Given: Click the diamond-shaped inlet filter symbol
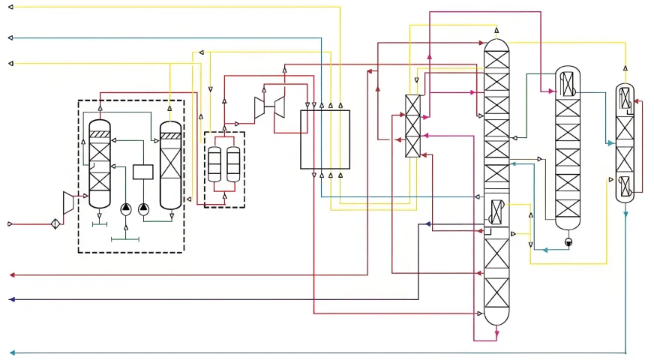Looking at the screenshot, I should tap(55, 223).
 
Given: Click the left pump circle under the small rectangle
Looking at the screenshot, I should tap(124, 208).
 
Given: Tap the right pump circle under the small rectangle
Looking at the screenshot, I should tap(144, 208).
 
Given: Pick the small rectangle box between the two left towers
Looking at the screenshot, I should tap(143, 172).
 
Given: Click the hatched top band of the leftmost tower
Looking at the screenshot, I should tap(100, 134).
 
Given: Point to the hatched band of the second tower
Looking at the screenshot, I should tap(171, 136).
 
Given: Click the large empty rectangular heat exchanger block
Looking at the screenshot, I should tap(325, 139).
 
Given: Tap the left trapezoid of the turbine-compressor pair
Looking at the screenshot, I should tap(260, 109).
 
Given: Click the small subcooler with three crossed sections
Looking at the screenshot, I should tap(412, 126).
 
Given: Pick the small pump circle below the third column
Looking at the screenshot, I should tap(568, 242).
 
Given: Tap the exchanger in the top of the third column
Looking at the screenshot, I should tap(567, 82).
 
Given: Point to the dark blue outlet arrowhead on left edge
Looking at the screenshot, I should tap(10, 299).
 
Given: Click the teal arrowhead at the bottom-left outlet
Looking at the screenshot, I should tap(10, 352).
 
